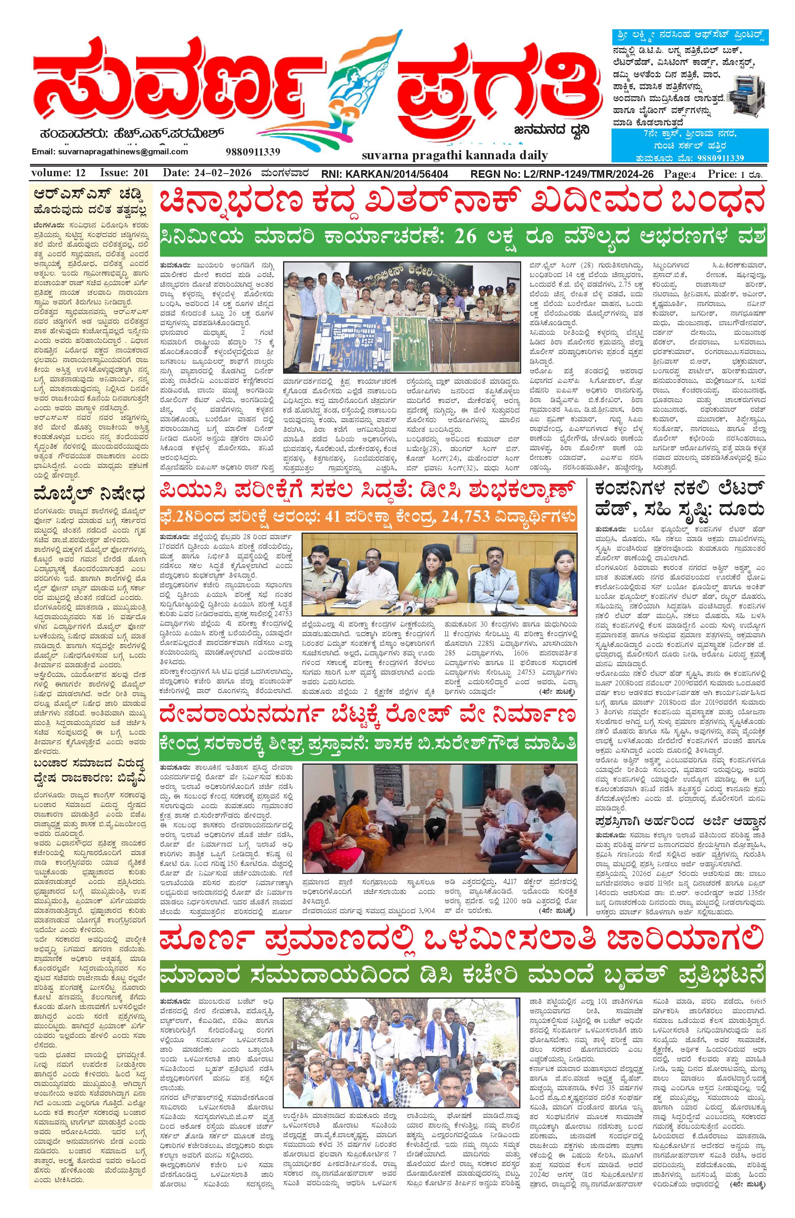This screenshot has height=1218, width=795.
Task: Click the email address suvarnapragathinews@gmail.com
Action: tap(110, 152)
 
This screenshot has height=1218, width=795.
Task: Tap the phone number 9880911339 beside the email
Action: tap(252, 152)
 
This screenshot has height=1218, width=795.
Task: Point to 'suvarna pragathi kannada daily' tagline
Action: tap(455, 155)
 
